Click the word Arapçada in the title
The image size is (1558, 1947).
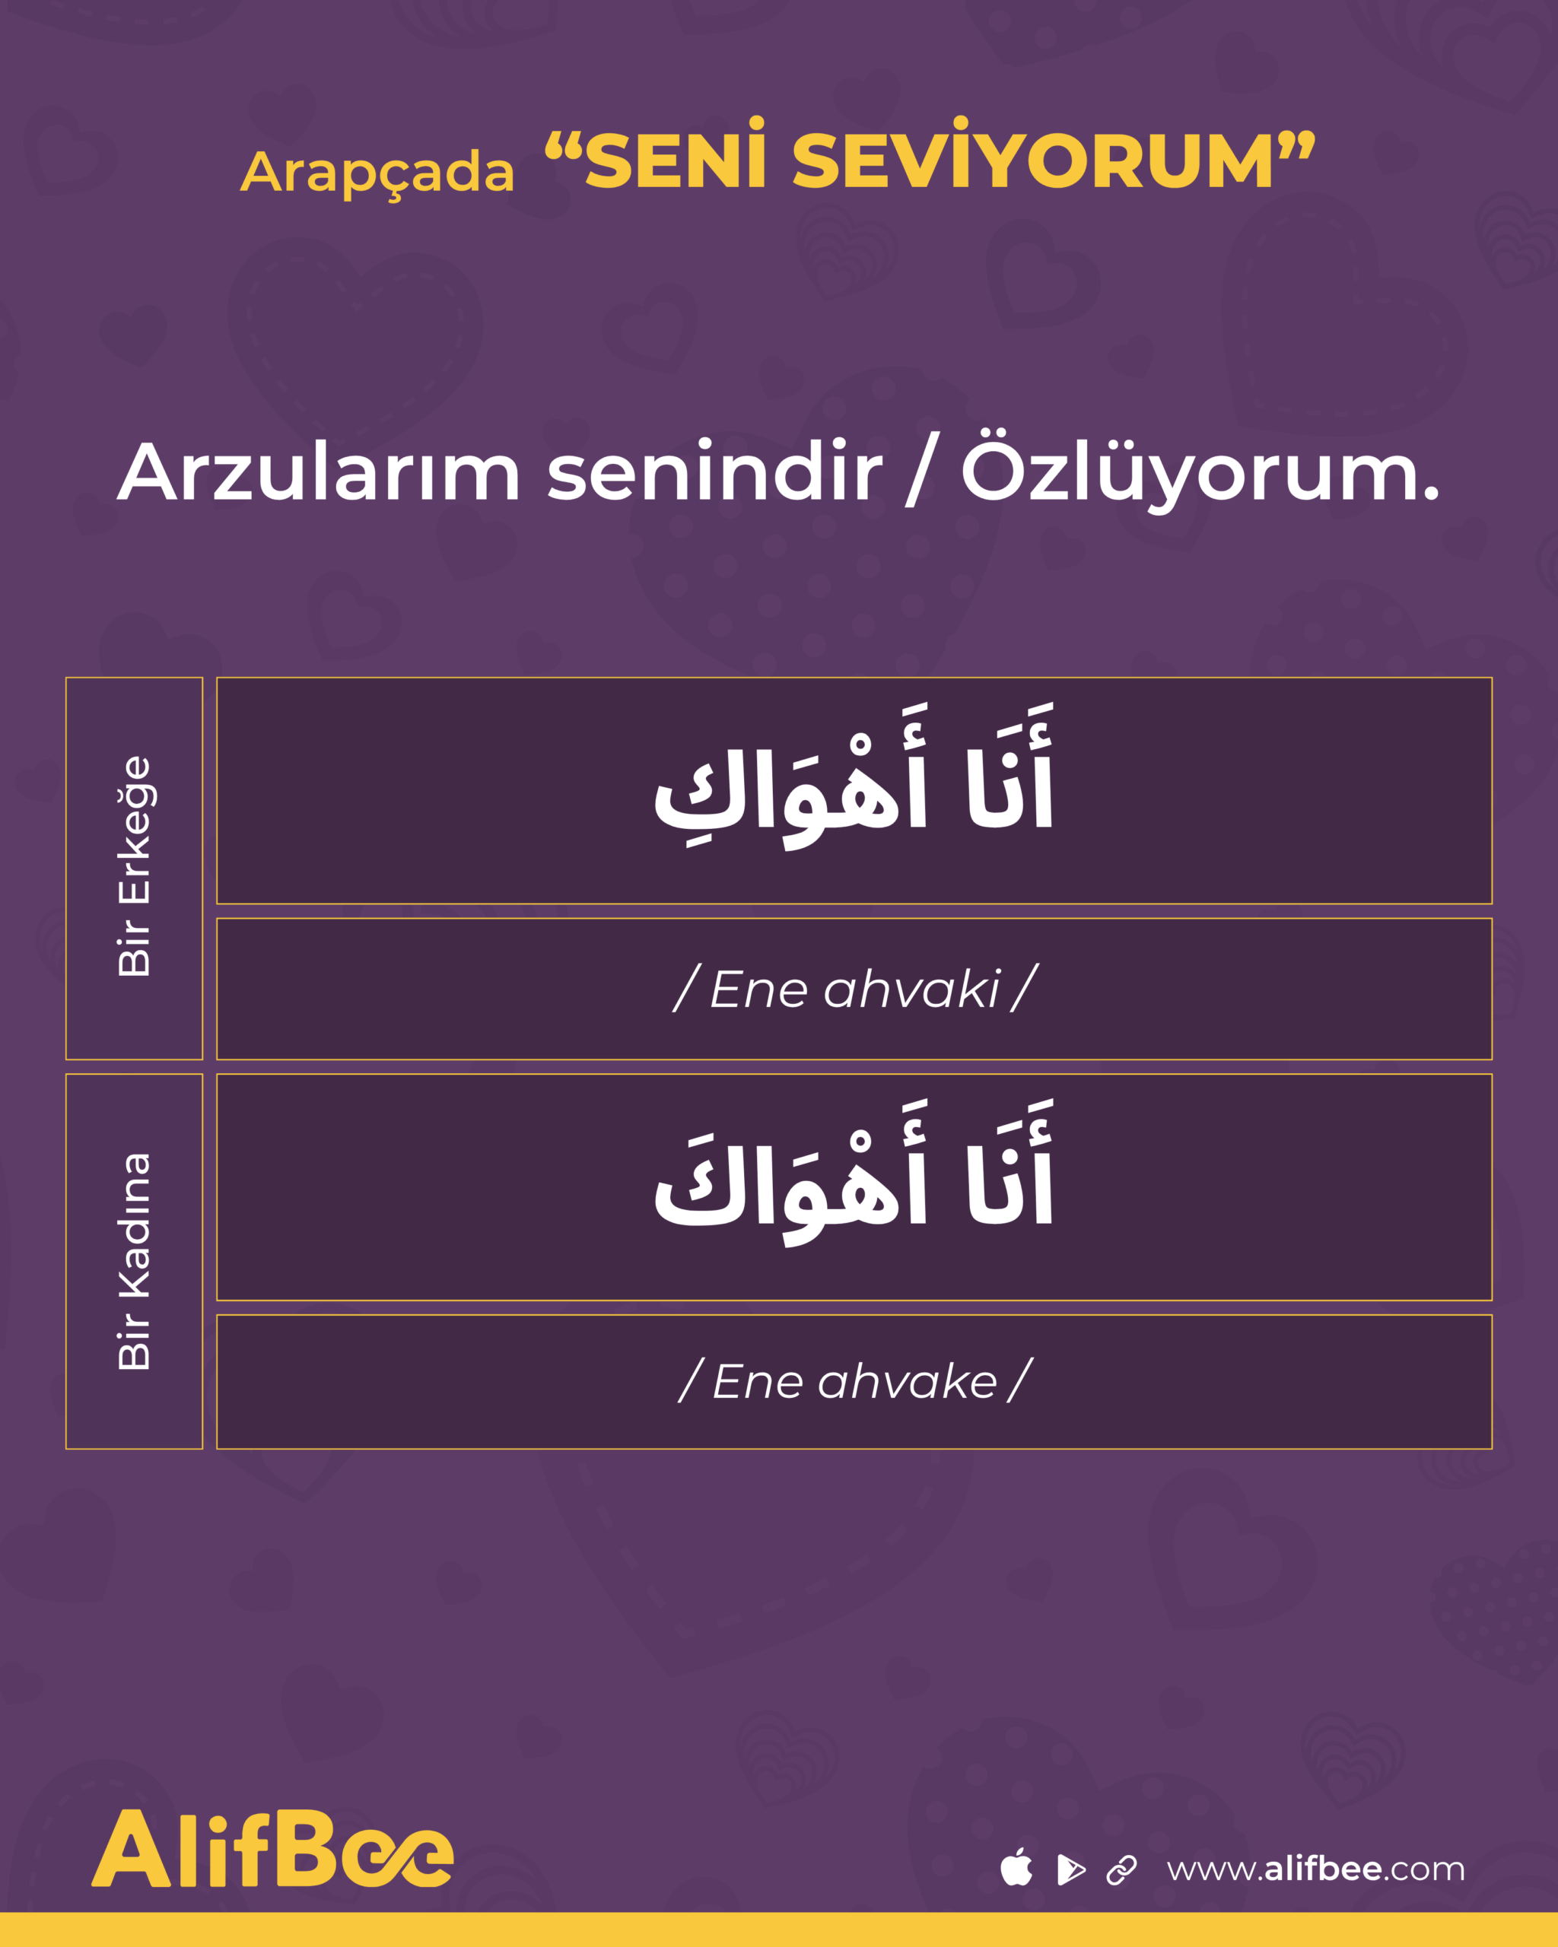click(x=377, y=173)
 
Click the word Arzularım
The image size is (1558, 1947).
click(x=319, y=471)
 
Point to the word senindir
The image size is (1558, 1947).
click(x=714, y=471)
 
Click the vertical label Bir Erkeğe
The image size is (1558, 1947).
click(x=135, y=866)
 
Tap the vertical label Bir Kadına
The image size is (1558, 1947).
click(x=135, y=1262)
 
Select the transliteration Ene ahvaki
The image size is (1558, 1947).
click(x=855, y=989)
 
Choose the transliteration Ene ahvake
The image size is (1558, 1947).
click(x=854, y=1382)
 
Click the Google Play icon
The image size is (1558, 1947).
click(x=1070, y=1869)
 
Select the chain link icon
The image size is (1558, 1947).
click(x=1122, y=1869)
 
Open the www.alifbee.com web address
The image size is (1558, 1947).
click(x=1315, y=1869)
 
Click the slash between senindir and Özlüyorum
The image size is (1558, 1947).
click(x=922, y=469)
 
